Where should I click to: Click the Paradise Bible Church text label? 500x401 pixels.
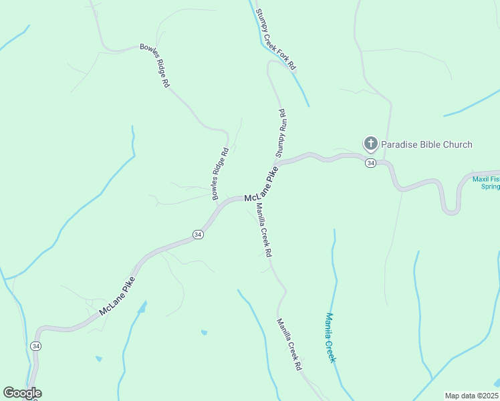(426, 144)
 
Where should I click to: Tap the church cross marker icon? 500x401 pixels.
(370, 143)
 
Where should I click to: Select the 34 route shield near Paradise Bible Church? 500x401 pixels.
(370, 163)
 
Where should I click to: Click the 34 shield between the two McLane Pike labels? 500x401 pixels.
(198, 235)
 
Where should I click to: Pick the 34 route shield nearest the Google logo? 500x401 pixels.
(35, 346)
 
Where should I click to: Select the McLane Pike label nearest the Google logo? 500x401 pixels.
(117, 296)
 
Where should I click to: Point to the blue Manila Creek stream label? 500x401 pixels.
(330, 338)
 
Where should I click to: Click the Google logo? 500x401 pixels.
(22, 393)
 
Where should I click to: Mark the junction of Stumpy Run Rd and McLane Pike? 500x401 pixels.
(277, 164)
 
